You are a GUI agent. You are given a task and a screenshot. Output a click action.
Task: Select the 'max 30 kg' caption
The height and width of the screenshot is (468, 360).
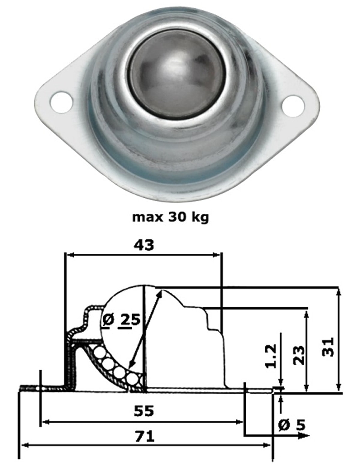[x=170, y=217]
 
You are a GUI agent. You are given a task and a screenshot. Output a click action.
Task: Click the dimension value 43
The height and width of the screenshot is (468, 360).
[x=144, y=245]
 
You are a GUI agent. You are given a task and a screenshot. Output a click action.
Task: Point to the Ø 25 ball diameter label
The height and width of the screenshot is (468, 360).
[x=121, y=320]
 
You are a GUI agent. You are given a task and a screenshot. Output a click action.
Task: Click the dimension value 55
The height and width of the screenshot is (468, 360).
[x=144, y=411]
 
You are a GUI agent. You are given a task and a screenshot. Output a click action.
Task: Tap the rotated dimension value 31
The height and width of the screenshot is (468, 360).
[x=329, y=347]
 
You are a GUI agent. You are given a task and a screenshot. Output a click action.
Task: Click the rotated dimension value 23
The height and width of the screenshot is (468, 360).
[x=299, y=355]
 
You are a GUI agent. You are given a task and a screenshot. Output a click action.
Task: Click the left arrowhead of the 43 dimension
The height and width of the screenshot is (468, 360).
[x=70, y=255]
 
